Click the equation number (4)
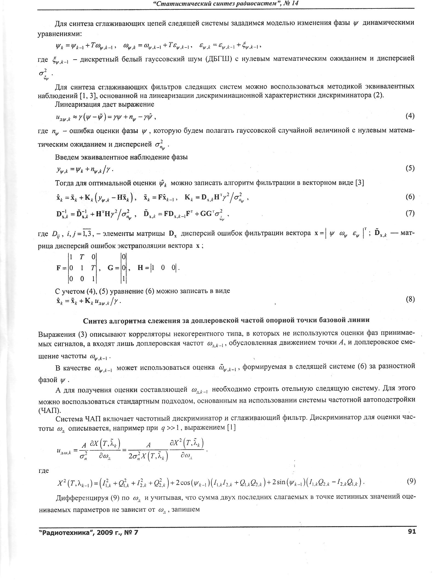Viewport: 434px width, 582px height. [410, 116]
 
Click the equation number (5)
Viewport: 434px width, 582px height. [410, 168]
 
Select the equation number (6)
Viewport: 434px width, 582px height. [410, 197]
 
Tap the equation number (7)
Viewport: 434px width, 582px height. [410, 213]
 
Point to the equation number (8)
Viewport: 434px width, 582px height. [410, 299]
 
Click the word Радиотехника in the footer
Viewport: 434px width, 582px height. [65, 532]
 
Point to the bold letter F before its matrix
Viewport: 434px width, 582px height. [58, 268]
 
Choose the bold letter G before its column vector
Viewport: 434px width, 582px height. [111, 268]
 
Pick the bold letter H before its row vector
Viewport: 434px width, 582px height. [140, 268]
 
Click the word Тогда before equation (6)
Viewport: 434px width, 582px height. [64, 183]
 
